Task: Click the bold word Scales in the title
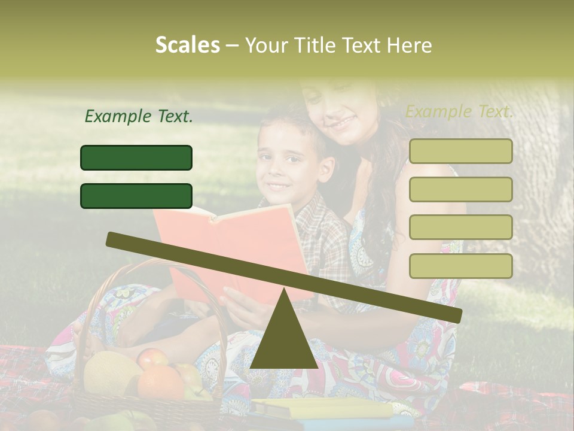187,45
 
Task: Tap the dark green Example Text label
139,116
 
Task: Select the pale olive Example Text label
459,111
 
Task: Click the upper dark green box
136,157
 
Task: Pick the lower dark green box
136,196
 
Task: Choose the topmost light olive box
460,151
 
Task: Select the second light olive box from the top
460,189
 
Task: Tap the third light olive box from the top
460,227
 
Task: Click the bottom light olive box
460,266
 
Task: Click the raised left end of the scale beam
114,239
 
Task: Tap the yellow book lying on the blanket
323,409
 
